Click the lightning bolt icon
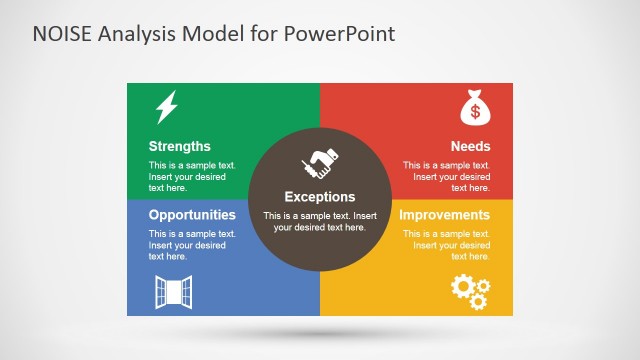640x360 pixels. tap(167, 106)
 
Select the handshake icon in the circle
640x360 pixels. tap(319, 164)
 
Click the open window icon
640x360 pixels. tap(172, 291)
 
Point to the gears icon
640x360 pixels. tap(470, 290)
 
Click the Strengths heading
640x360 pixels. tap(180, 146)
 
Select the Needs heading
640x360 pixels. tap(470, 146)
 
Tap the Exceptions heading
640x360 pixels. tap(320, 197)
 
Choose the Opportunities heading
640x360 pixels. tap(192, 215)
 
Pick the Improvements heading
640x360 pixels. tap(444, 215)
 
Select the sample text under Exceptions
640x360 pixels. tap(320, 221)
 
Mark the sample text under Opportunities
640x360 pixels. tap(192, 245)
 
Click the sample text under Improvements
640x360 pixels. tap(447, 245)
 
